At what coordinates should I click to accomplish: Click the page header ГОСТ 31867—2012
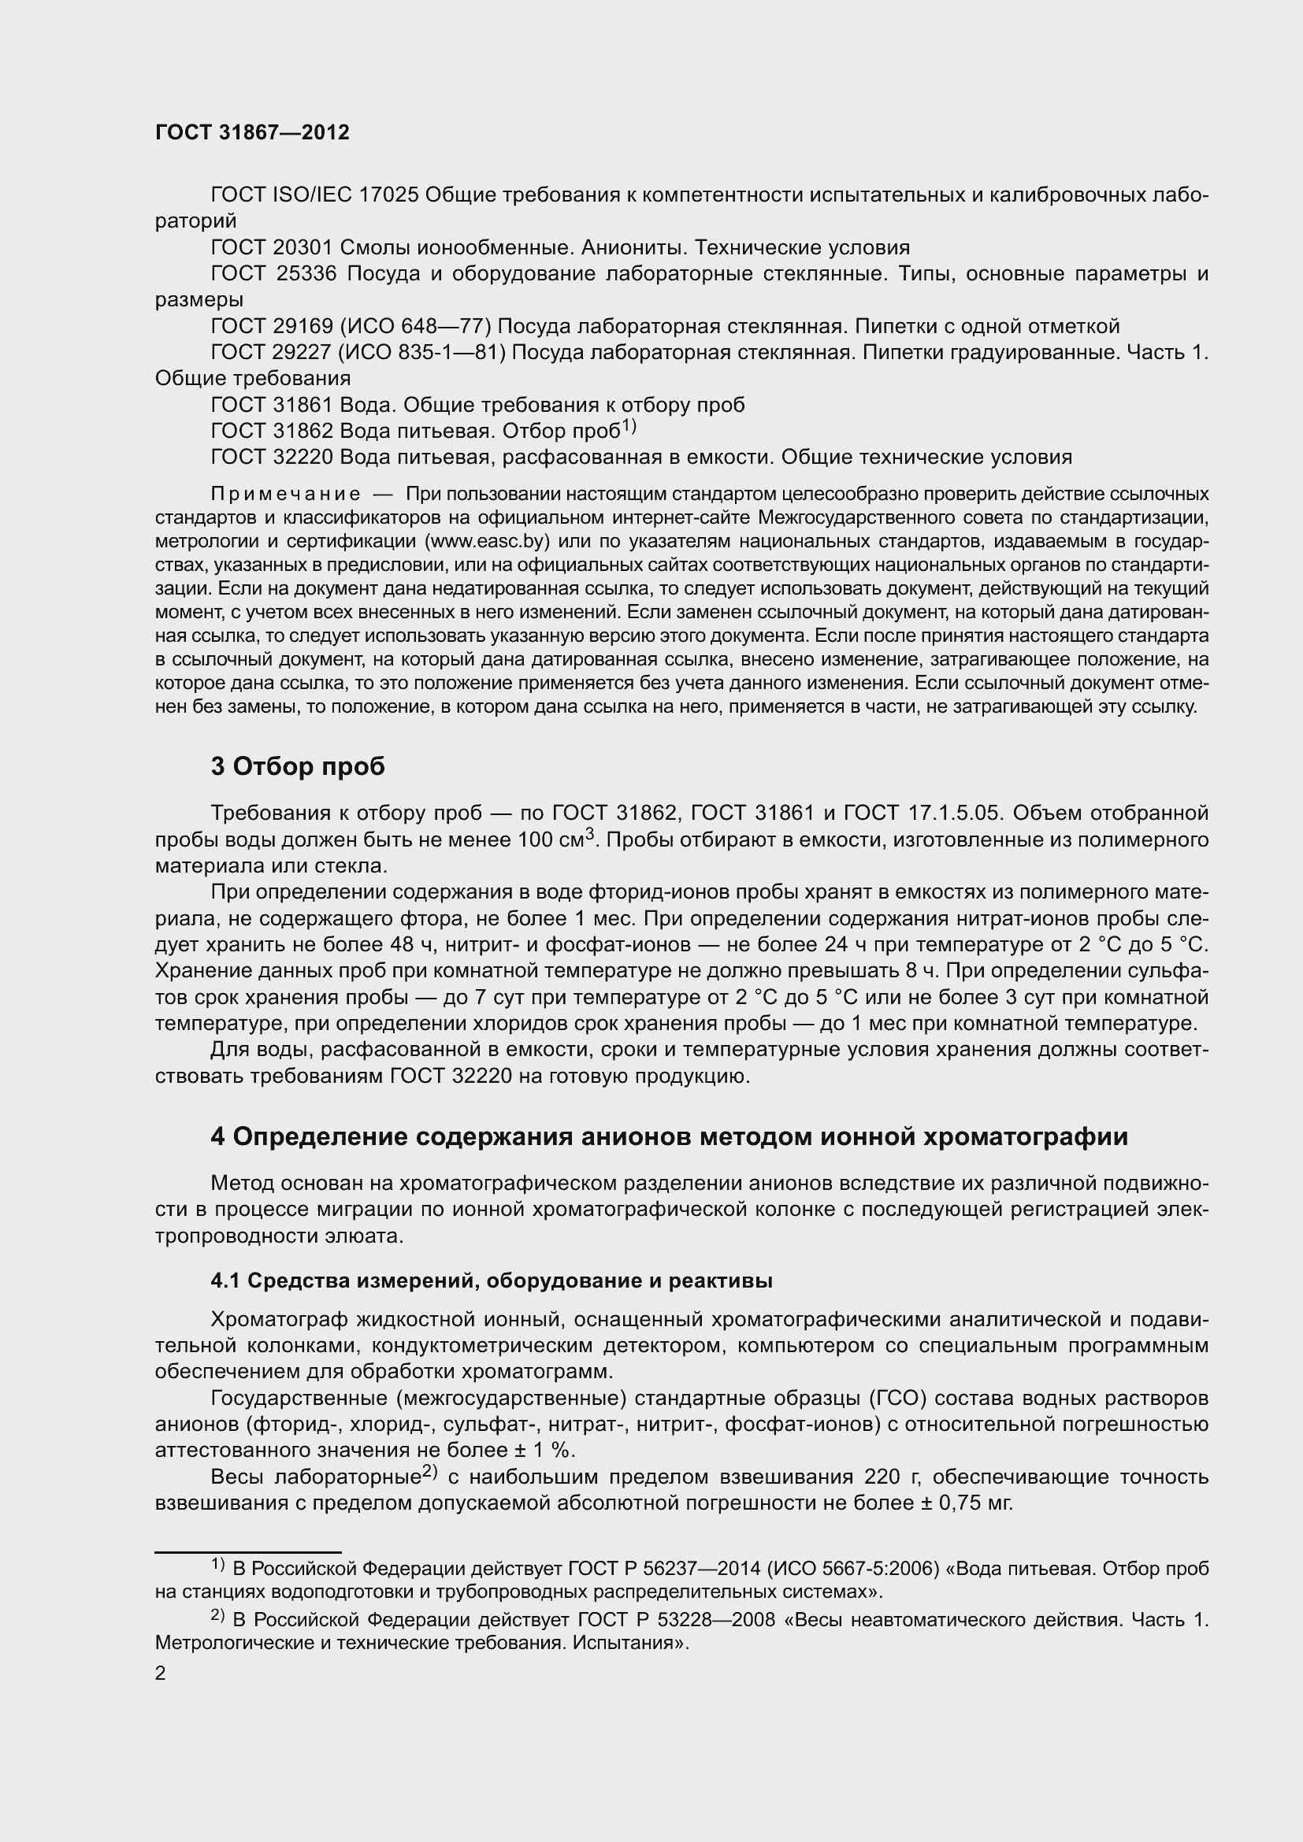[252, 133]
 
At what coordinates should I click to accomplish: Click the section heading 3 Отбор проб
[298, 767]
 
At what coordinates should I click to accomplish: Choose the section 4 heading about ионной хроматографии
[669, 1137]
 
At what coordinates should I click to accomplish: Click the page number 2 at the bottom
[161, 1673]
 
